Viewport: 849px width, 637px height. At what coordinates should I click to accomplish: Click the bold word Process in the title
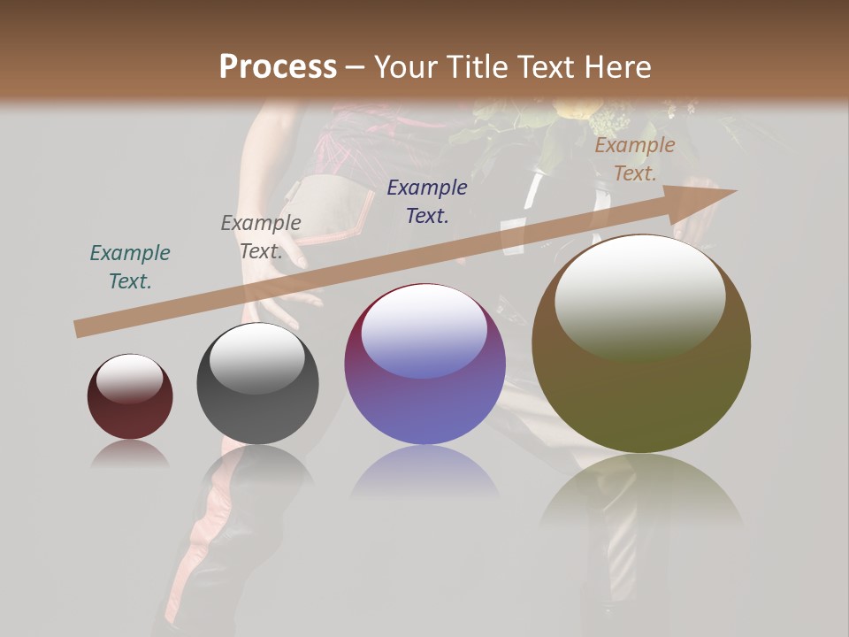[x=278, y=67]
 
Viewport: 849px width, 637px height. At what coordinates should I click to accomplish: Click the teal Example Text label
[x=130, y=267]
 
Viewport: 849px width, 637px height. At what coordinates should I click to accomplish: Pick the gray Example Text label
[x=260, y=237]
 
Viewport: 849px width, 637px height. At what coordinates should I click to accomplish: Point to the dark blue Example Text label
[x=427, y=202]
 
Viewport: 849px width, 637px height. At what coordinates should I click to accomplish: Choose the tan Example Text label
[x=634, y=159]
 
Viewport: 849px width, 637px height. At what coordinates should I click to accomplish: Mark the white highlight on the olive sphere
[x=639, y=296]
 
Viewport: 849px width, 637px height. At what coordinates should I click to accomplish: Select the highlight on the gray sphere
[x=256, y=357]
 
